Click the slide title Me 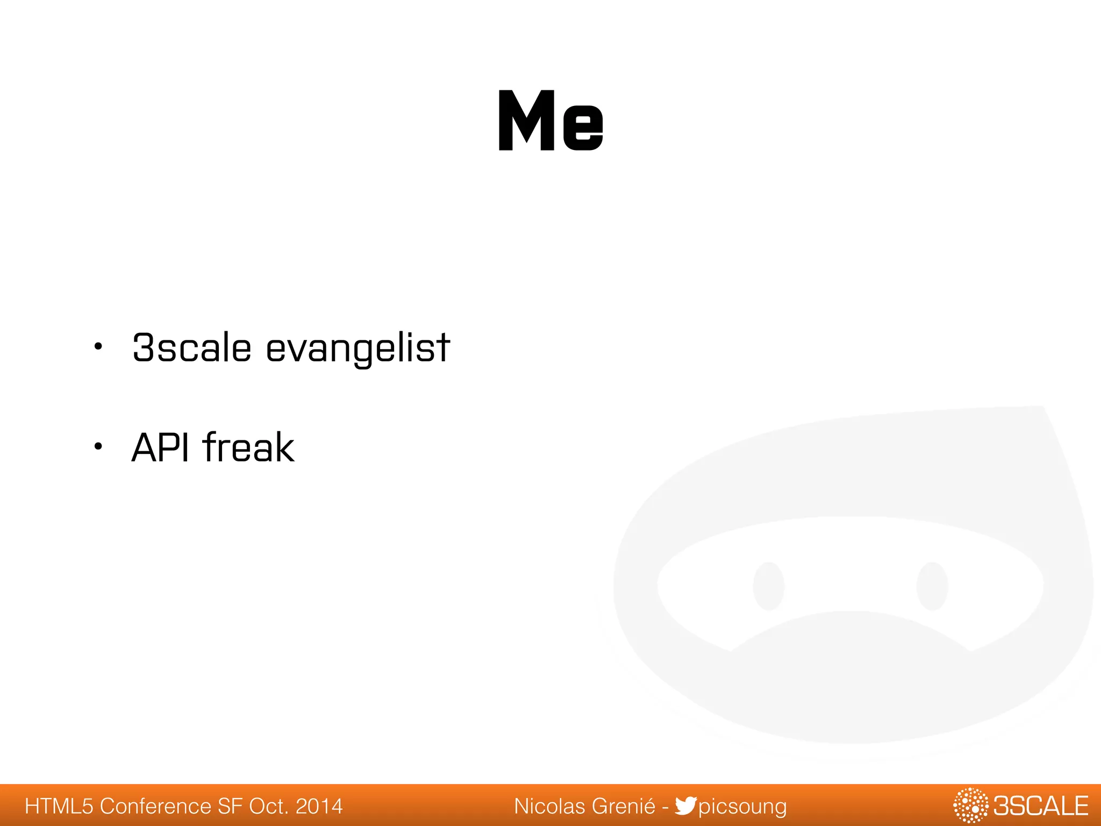tap(550, 121)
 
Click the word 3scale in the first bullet tap(192, 348)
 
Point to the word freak tap(248, 447)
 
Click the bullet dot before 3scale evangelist tap(97, 347)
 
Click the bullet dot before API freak tap(97, 446)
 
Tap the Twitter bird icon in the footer tap(685, 806)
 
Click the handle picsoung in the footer tap(742, 807)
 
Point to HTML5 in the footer tap(59, 806)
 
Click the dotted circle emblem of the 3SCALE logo tap(970, 806)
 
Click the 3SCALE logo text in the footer tap(1041, 806)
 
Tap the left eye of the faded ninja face tap(768, 586)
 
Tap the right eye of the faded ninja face tap(932, 586)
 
